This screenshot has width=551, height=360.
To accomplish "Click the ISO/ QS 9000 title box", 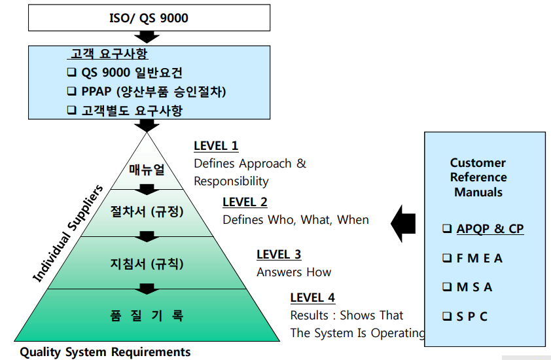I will pyautogui.click(x=149, y=18).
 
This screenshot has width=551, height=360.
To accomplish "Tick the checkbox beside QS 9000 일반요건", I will pyautogui.click(x=72, y=73).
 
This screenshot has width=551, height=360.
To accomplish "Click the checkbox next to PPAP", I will pyautogui.click(x=72, y=92).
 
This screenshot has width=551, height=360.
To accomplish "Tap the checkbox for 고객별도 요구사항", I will pyautogui.click(x=72, y=111).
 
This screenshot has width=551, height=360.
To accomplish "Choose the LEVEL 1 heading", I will pyautogui.click(x=216, y=146).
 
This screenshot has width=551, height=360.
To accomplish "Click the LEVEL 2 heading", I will pyautogui.click(x=245, y=202).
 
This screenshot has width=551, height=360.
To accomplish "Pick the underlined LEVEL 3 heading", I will pyautogui.click(x=279, y=255).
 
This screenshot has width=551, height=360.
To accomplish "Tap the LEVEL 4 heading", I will pyautogui.click(x=313, y=298).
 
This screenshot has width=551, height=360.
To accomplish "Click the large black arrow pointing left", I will pyautogui.click(x=403, y=223).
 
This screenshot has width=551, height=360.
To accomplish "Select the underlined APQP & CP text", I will pyautogui.click(x=490, y=229).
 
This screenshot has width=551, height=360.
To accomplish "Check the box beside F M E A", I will pyautogui.click(x=447, y=259).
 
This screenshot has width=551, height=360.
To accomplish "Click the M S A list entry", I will pyautogui.click(x=474, y=287).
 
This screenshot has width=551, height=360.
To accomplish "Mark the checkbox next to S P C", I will pyautogui.click(x=447, y=316).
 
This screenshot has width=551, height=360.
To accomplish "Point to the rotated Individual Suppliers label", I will pyautogui.click(x=68, y=234).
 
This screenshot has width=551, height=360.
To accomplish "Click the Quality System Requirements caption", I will pyautogui.click(x=105, y=352).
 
